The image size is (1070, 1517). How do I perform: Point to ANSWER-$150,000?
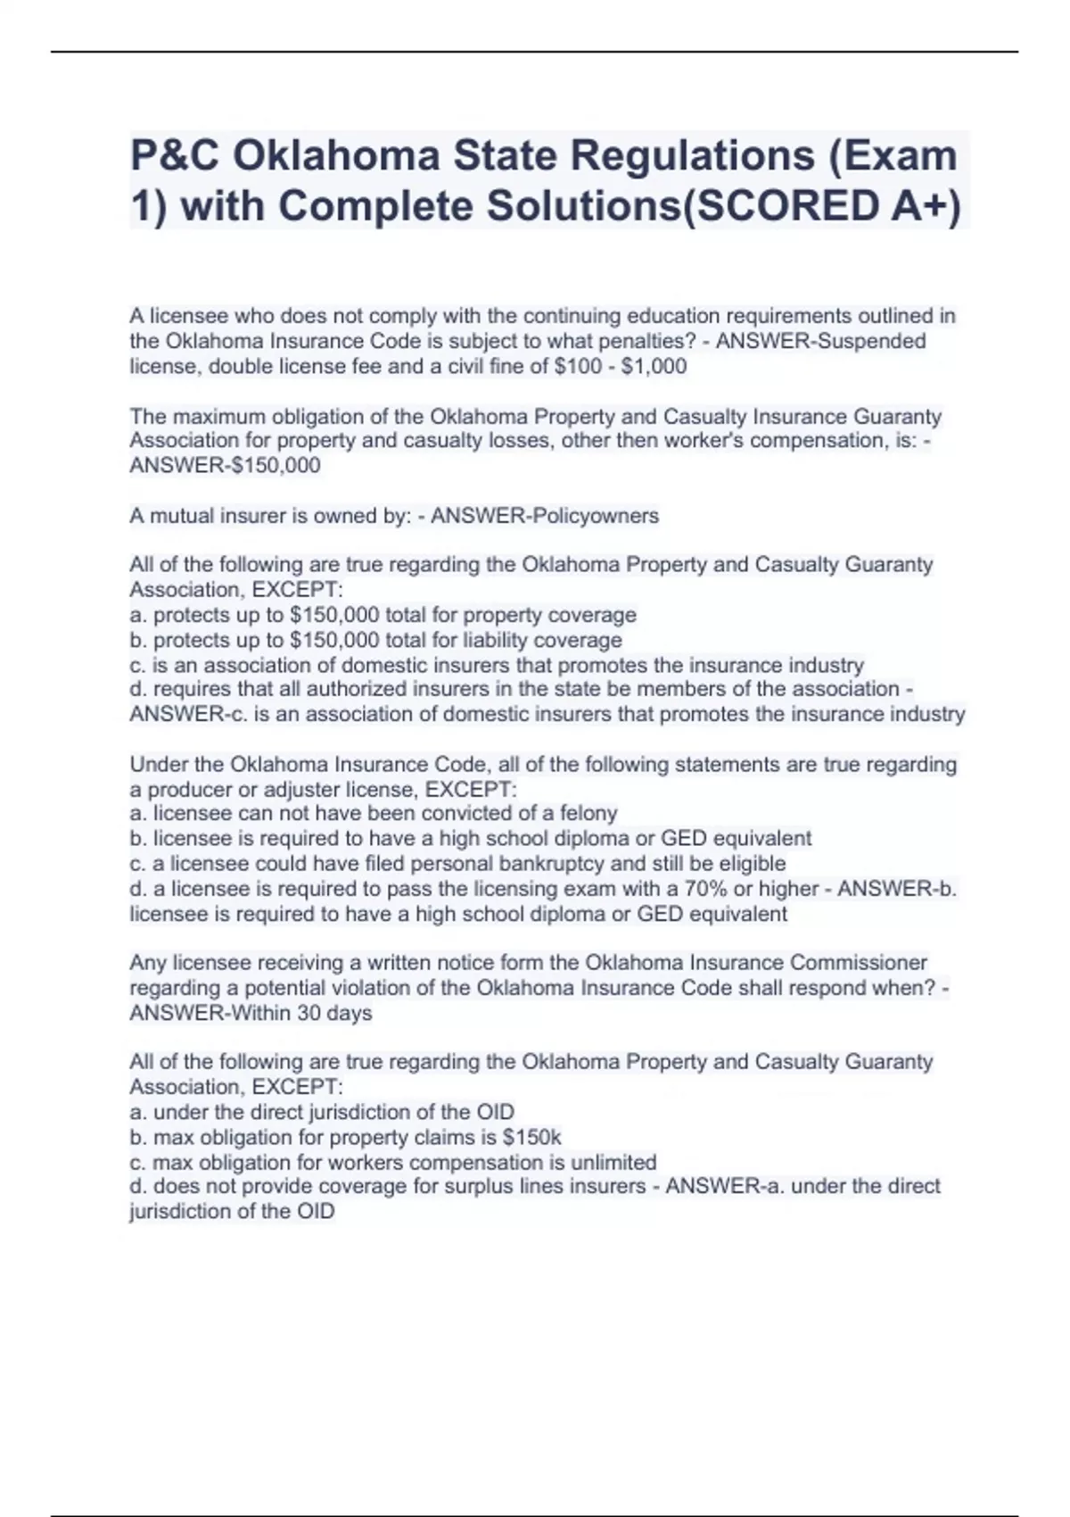225,465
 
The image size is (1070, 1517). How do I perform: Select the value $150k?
531,1137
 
